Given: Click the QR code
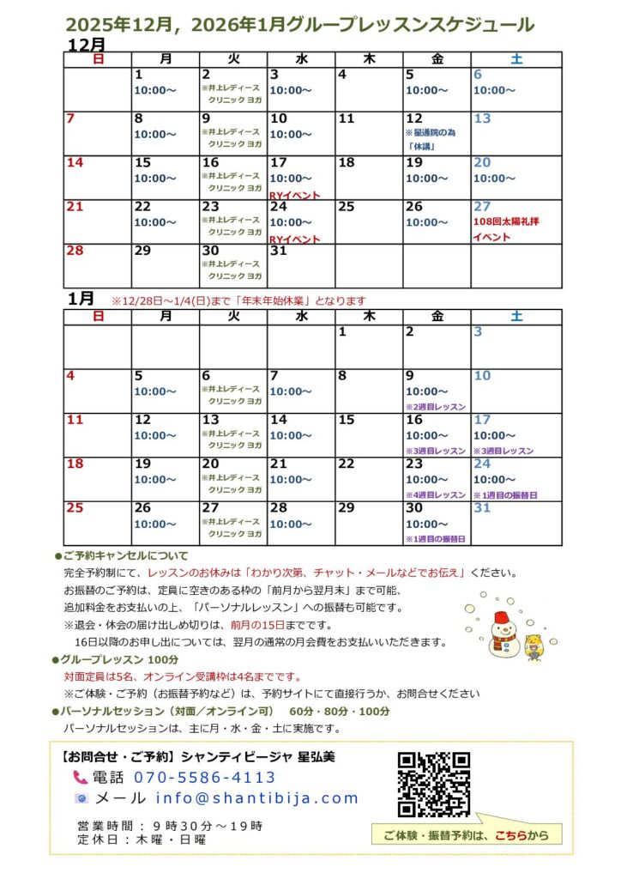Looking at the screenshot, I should point(434,784).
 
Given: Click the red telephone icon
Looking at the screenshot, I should point(81,778).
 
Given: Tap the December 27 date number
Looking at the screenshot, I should point(482,207).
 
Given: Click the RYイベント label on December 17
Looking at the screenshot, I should point(294,195).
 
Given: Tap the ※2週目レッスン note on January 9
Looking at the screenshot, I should point(435,406).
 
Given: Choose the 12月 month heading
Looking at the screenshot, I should point(86,44).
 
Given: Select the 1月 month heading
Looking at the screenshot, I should point(81,298).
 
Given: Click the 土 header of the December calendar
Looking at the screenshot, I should point(516,59).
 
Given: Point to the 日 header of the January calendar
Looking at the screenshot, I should point(98,317).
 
